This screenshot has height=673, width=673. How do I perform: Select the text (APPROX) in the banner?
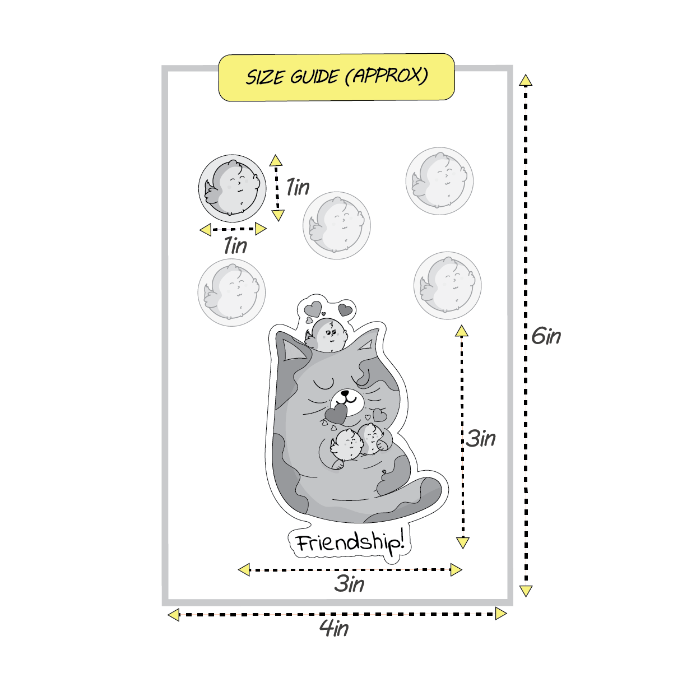point(386,76)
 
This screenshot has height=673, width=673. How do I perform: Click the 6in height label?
point(546,336)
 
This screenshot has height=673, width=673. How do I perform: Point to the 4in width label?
point(334,628)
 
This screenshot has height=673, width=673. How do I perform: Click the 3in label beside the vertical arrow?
point(481,438)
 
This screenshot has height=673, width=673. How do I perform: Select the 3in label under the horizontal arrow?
point(349,584)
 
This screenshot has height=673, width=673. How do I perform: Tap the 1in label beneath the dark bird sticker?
point(235,245)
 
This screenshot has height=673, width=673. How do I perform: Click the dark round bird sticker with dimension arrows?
point(231,187)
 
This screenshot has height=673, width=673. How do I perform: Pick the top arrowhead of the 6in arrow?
point(525,80)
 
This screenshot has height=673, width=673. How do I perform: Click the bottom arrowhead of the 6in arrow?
point(525,591)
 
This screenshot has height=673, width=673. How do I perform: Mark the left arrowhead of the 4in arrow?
point(174,615)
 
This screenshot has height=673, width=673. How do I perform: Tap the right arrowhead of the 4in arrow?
point(501,614)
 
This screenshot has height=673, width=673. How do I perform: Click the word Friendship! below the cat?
point(349,543)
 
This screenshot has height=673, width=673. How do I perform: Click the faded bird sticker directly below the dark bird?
point(231,291)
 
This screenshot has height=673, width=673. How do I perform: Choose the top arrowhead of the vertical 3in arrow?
point(462,331)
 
